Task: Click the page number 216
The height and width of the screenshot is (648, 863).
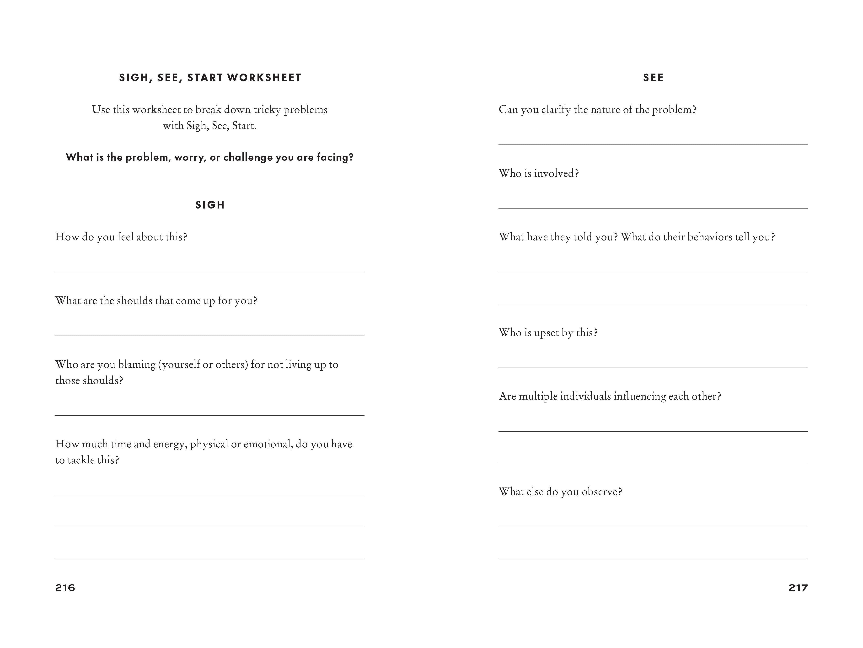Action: click(x=65, y=588)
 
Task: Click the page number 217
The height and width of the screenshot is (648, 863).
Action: click(x=798, y=588)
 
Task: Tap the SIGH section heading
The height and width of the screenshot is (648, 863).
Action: click(x=210, y=205)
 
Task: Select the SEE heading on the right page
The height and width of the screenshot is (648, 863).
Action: click(x=653, y=78)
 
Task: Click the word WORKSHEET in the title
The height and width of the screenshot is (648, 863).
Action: click(x=264, y=78)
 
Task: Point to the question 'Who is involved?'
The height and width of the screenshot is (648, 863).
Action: click(x=538, y=173)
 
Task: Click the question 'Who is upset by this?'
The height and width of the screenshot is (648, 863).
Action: click(x=548, y=332)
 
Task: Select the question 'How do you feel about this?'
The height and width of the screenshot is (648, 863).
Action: click(x=121, y=237)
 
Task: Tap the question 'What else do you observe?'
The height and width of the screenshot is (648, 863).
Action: click(x=560, y=492)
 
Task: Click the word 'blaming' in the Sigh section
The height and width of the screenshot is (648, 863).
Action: click(x=137, y=364)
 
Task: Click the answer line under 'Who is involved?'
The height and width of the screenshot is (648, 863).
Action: click(x=653, y=208)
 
